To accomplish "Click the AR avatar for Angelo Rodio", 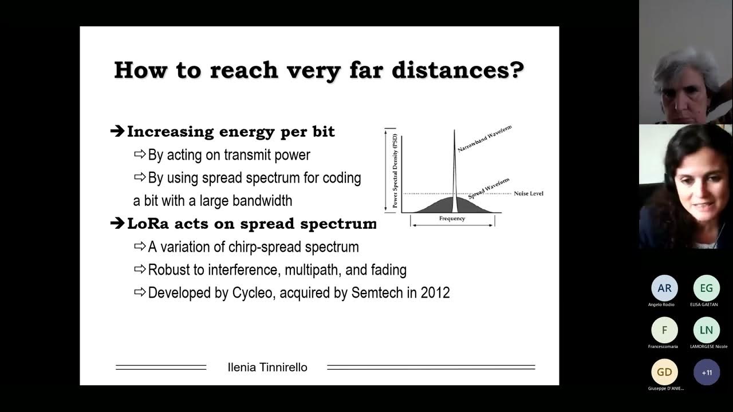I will (664, 288).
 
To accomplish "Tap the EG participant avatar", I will (707, 288).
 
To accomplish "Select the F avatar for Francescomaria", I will (664, 330).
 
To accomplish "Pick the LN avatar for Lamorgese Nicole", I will (707, 330).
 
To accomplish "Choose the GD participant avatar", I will (664, 372).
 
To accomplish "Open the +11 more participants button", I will (707, 372).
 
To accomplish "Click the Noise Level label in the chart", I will (528, 193).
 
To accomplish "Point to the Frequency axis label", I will (452, 219).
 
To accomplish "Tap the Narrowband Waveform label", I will (484, 138).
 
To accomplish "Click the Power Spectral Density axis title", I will (395, 170).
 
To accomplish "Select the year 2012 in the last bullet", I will (435, 293).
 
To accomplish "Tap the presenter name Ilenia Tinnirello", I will (267, 367).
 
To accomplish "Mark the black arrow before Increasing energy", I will (117, 132).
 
